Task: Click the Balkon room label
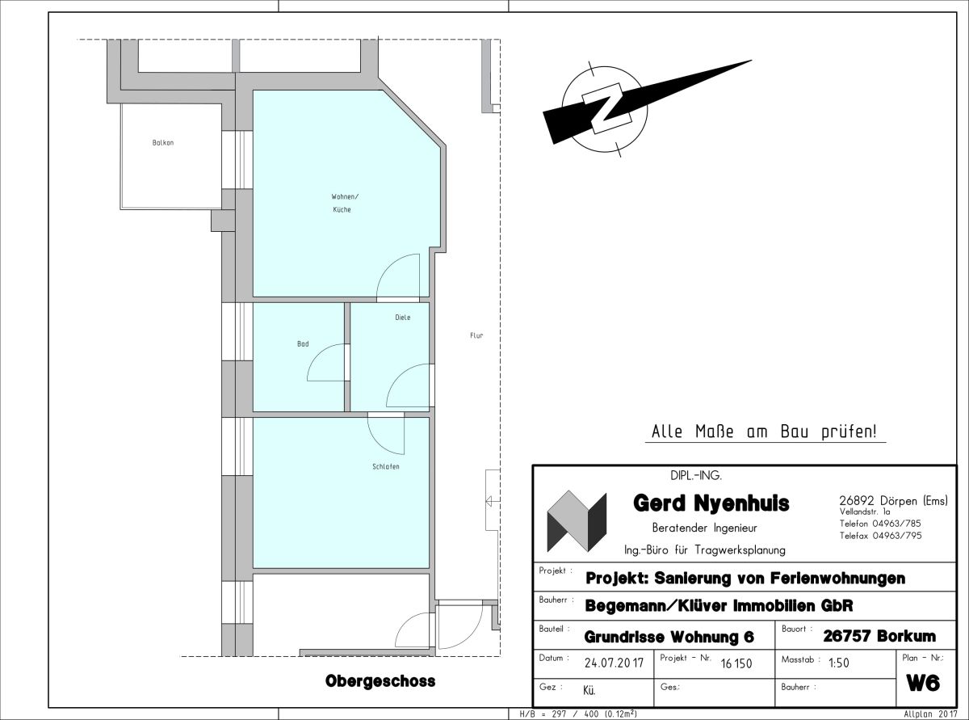tap(163, 142)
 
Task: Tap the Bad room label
tap(303, 344)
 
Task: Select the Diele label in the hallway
tap(403, 318)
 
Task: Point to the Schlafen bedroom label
tap(386, 466)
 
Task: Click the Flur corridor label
tap(476, 335)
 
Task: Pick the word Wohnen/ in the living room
tap(345, 196)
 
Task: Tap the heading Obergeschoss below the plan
tap(380, 680)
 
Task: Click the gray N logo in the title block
tap(577, 520)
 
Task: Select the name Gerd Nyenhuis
tap(711, 503)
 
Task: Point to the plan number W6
tap(923, 683)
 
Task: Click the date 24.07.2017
tap(614, 663)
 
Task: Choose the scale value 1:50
tap(839, 663)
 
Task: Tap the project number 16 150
tap(736, 663)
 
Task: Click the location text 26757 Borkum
tap(879, 636)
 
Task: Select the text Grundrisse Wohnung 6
tap(669, 638)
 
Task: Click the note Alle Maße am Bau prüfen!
tap(764, 432)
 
